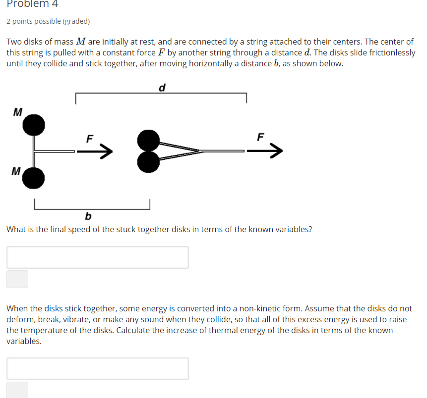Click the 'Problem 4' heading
[32, 4]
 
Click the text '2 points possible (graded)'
[48, 21]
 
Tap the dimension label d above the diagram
[162, 88]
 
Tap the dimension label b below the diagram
[88, 216]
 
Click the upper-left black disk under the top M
[34, 125]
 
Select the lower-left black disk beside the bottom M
[34, 178]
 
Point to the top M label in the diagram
[17, 112]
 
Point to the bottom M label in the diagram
[16, 172]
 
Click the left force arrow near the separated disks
[94, 151]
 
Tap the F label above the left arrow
[90, 139]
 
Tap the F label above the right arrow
[261, 136]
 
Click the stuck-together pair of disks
[148, 151]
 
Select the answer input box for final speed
[98, 257]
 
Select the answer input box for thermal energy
[98, 369]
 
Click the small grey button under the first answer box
[17, 279]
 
